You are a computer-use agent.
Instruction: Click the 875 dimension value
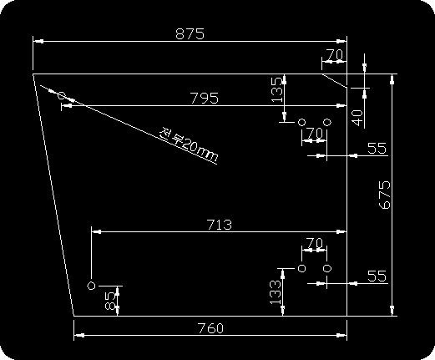click(x=190, y=33)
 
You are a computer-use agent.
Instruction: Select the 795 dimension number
click(x=204, y=98)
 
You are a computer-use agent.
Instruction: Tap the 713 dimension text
click(x=220, y=225)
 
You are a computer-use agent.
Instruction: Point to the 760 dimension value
click(x=210, y=328)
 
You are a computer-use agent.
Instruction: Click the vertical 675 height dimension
click(x=385, y=195)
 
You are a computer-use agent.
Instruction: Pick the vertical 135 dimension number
click(x=277, y=89)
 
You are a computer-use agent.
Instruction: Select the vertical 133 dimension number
click(x=276, y=292)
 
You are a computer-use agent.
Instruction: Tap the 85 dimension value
click(x=110, y=301)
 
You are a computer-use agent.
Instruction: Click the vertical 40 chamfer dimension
click(x=357, y=118)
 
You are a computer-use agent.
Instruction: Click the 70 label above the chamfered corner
click(x=335, y=54)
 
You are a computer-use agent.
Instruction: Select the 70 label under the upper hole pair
click(x=314, y=133)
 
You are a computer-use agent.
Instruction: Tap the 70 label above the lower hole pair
click(x=314, y=243)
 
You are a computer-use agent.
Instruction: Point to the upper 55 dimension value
click(x=377, y=148)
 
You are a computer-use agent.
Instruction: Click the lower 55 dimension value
click(x=377, y=276)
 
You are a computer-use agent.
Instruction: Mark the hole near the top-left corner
click(x=62, y=96)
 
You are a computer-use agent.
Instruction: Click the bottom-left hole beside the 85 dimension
click(x=91, y=286)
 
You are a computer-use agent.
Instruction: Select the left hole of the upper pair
click(x=301, y=122)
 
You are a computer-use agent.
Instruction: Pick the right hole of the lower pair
click(x=327, y=268)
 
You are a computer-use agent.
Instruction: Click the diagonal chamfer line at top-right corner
click(x=335, y=81)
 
